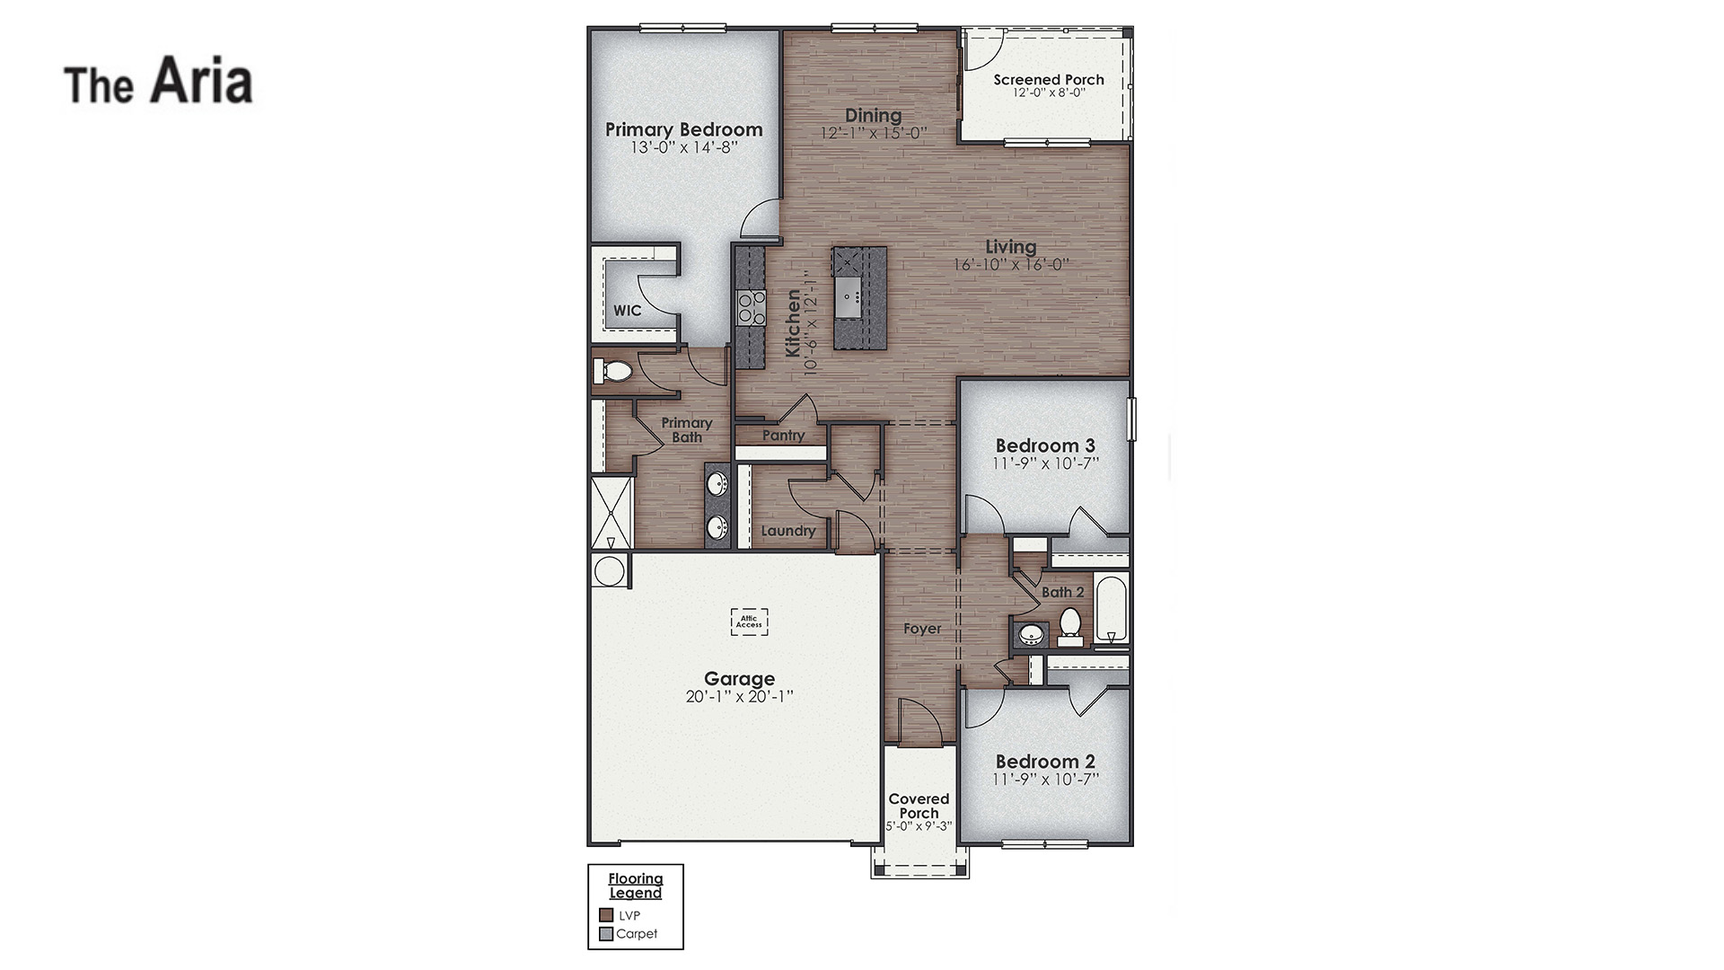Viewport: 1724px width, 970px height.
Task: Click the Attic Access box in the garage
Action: point(749,622)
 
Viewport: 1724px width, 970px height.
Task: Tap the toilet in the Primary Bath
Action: point(614,370)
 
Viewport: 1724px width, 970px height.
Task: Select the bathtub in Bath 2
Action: point(1112,609)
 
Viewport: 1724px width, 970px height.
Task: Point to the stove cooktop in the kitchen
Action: point(751,307)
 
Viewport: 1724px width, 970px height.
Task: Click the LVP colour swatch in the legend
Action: point(606,915)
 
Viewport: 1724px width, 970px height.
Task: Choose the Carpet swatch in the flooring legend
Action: point(606,934)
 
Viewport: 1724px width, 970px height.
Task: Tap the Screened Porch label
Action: point(1049,80)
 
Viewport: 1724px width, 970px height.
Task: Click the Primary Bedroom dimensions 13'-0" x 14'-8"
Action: point(683,147)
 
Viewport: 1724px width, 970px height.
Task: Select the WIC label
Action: point(628,311)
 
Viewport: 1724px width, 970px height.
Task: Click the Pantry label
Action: point(783,436)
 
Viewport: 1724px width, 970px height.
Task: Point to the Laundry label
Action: point(788,531)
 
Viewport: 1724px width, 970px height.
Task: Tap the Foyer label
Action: point(922,629)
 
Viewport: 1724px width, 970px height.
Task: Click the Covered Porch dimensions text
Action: point(919,826)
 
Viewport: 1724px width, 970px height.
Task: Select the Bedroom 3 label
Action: point(1045,445)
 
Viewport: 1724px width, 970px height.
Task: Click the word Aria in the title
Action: point(201,81)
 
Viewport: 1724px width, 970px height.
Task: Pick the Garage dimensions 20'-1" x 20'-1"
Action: point(739,697)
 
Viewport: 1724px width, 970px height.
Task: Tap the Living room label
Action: point(1010,247)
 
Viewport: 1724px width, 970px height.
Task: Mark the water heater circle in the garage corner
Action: point(610,571)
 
